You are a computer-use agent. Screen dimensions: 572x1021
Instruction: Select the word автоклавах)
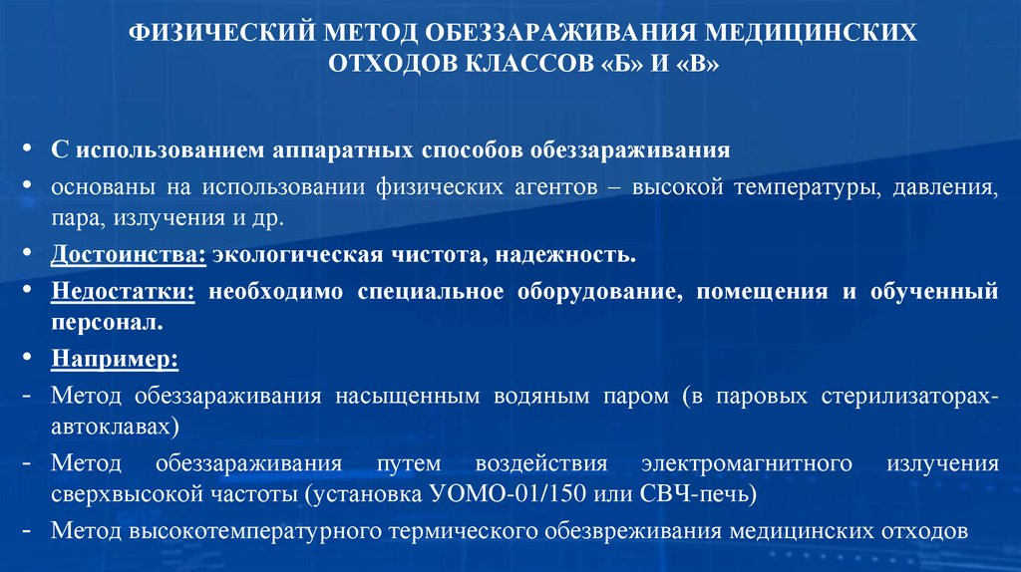tap(117, 427)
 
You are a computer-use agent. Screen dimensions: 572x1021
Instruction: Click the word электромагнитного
tap(747, 464)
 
